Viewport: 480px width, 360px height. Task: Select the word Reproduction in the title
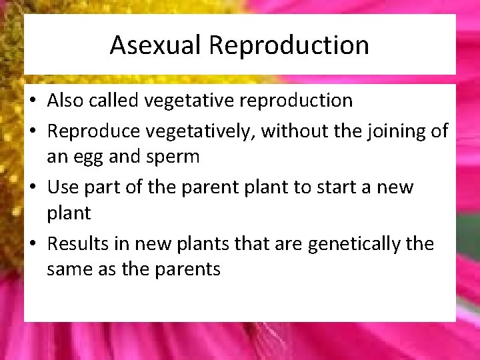coord(289,45)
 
